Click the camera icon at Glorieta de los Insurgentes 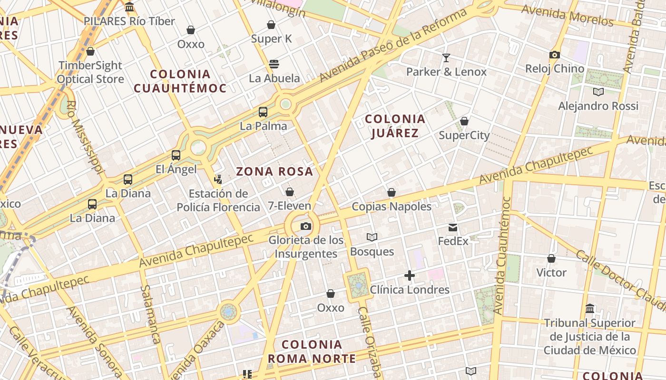306,226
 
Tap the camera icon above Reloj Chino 554,55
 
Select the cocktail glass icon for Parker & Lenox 446,58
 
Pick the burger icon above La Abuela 274,64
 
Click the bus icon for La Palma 263,112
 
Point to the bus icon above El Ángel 176,155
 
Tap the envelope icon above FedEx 453,228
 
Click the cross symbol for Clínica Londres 410,275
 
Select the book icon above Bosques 372,237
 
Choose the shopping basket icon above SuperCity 464,122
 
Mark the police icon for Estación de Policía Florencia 218,180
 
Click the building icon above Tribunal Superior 590,309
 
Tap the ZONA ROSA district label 274,171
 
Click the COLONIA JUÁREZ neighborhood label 395,126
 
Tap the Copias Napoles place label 392,207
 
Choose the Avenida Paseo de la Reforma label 393,45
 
